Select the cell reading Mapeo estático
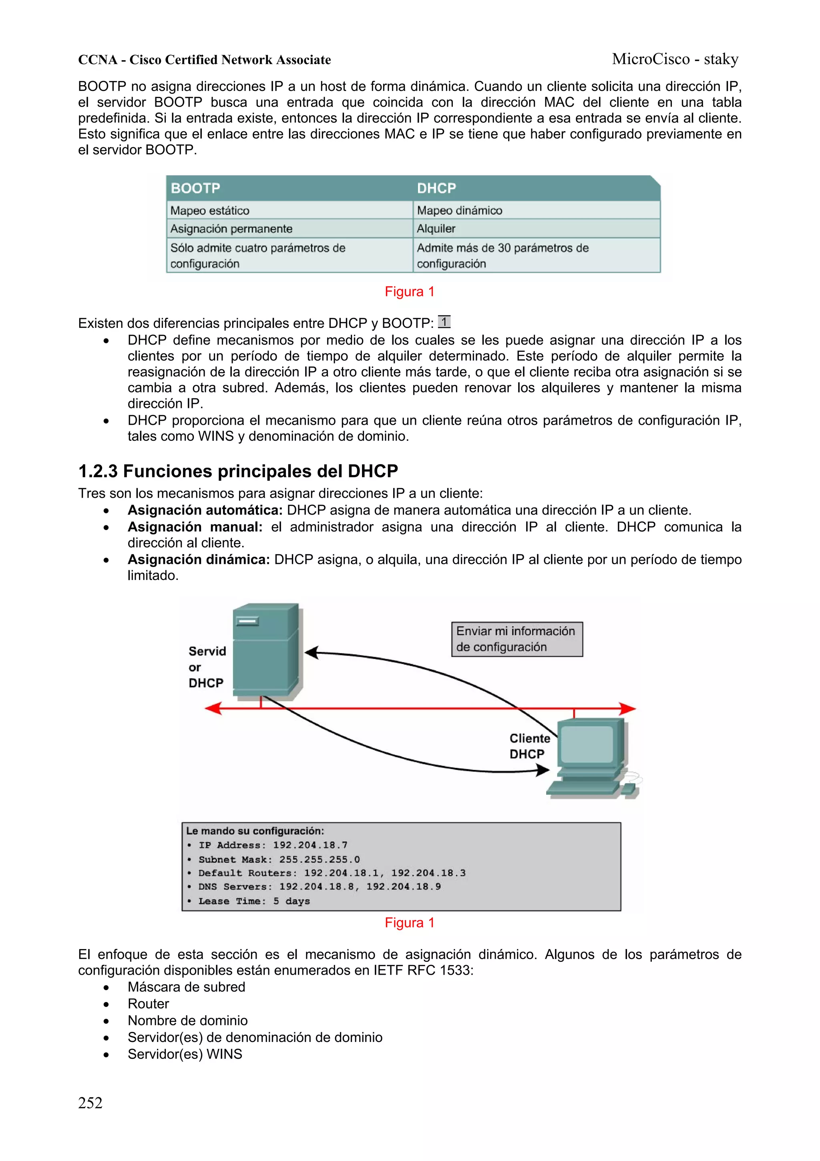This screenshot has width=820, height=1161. pos(210,210)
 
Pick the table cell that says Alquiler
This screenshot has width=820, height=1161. pos(436,228)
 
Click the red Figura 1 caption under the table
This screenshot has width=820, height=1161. pos(409,292)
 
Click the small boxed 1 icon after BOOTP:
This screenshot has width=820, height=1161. pos(444,321)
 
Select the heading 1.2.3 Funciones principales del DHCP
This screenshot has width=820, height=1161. pos(238,471)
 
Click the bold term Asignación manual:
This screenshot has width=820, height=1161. pos(195,527)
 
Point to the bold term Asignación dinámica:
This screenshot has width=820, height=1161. pos(199,559)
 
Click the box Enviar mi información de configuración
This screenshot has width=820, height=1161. pos(517,639)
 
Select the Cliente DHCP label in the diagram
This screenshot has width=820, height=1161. pos(529,746)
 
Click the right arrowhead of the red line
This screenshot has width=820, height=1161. pos(628,709)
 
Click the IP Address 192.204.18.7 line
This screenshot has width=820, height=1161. pos(272,845)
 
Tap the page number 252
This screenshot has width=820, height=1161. pos(90,1103)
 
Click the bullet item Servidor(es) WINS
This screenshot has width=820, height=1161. pos(185,1054)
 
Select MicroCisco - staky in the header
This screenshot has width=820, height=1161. pos(675,59)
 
